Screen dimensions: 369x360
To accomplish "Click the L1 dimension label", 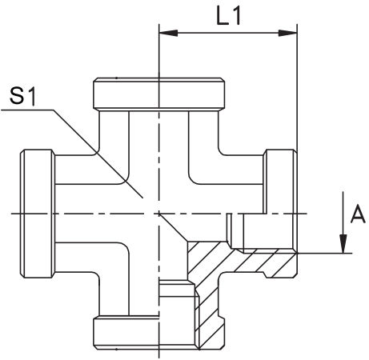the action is point(229,16).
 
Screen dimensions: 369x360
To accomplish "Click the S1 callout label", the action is point(22,96).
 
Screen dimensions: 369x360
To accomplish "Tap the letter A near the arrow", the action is point(358,214).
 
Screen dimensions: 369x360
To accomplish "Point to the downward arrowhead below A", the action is point(343,243).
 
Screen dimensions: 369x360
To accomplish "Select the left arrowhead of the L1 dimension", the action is point(168,33).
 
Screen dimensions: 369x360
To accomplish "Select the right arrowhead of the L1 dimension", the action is point(287,33).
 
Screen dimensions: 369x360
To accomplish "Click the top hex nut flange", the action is point(159,94).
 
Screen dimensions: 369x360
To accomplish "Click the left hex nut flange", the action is point(38,214).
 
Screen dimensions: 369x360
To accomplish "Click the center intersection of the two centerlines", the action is point(159,214).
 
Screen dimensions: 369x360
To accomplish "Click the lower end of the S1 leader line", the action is point(142,198).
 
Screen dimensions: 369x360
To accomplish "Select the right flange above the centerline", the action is point(280,182).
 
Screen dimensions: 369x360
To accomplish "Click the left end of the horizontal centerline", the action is point(11,214).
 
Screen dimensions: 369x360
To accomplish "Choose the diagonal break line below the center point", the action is point(173,227).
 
